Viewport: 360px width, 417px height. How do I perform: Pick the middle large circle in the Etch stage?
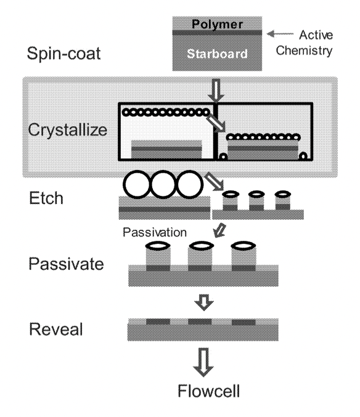tap(163, 184)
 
